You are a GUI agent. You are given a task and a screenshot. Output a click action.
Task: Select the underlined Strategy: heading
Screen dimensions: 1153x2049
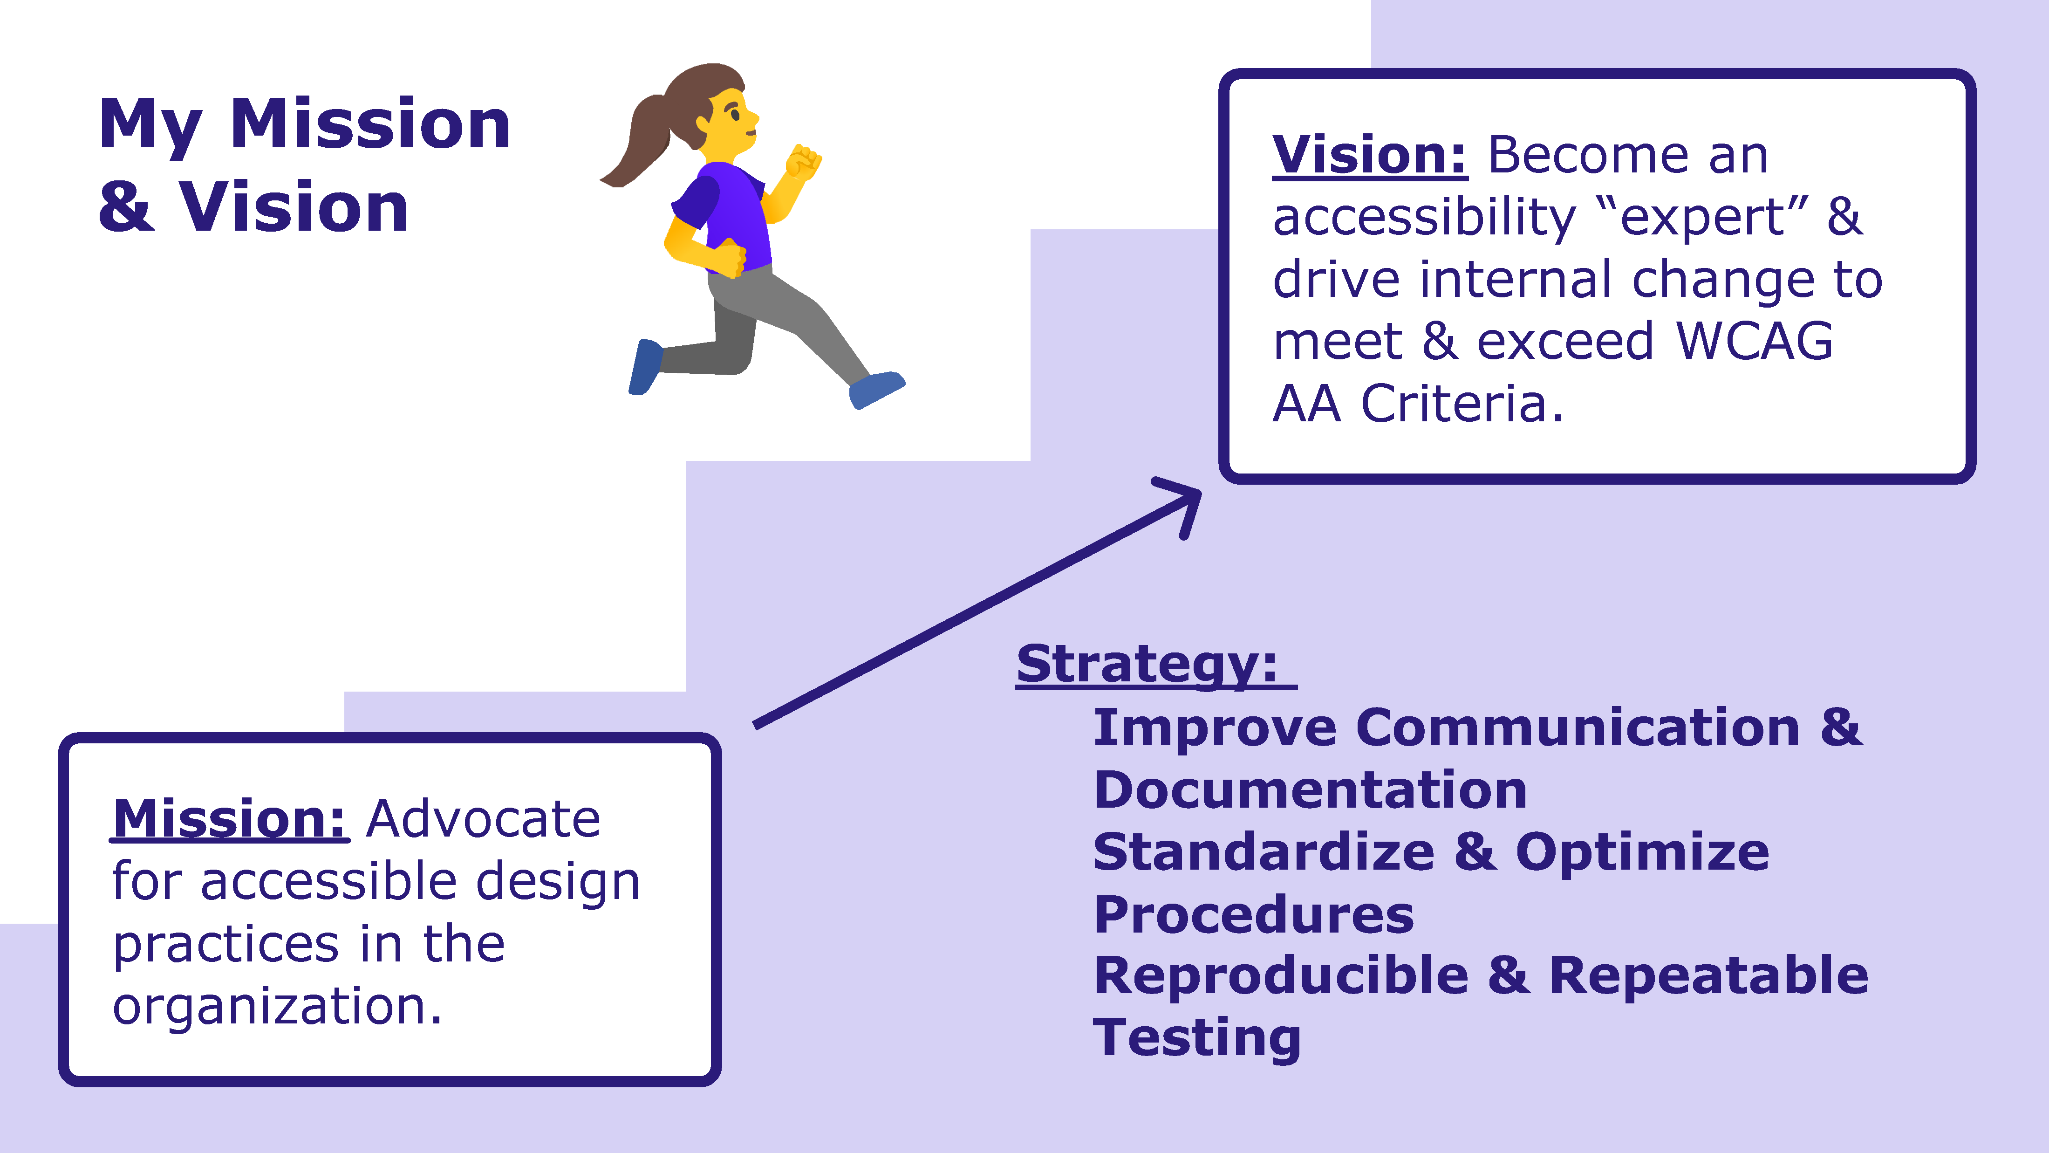(1147, 665)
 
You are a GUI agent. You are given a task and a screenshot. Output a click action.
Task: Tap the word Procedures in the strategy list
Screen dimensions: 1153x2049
(1254, 914)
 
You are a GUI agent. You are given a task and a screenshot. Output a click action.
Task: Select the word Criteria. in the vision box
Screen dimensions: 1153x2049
(1462, 404)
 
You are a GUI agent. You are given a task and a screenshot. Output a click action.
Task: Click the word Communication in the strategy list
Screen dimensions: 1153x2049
(1578, 728)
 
